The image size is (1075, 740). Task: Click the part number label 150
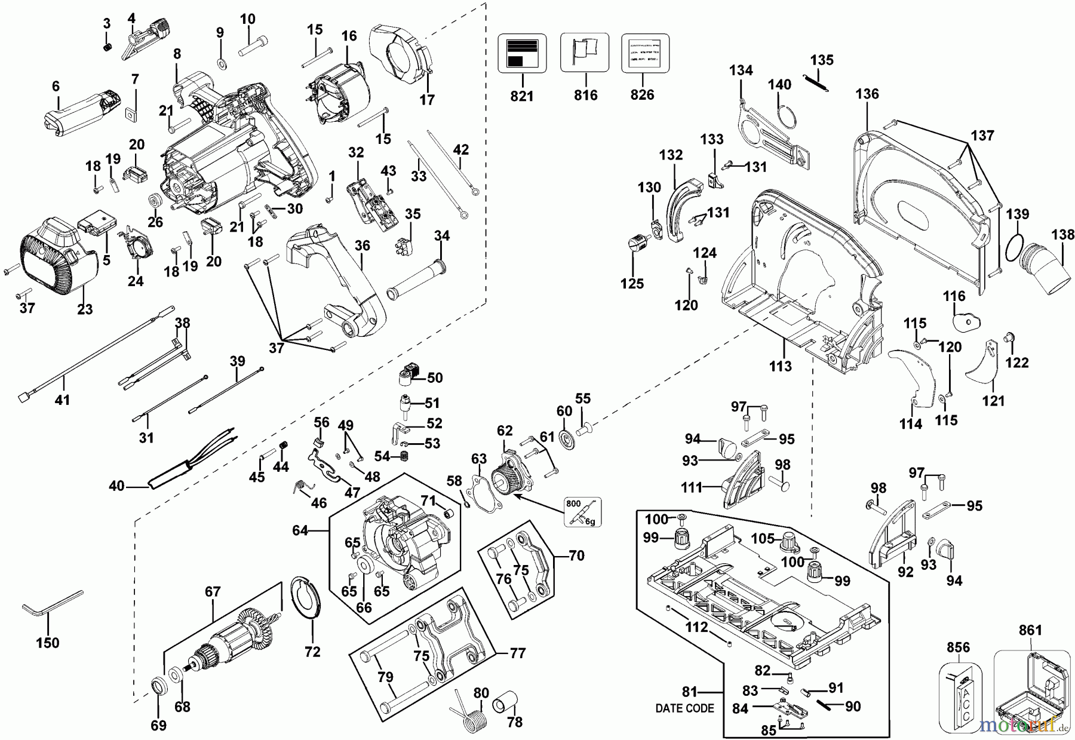(x=48, y=643)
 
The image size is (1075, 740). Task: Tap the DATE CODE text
(x=684, y=708)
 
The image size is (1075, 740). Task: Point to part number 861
(x=1030, y=630)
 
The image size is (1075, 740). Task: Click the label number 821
(x=522, y=95)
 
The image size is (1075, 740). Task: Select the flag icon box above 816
(x=585, y=53)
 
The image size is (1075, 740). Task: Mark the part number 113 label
(x=780, y=366)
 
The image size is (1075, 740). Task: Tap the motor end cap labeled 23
(x=57, y=263)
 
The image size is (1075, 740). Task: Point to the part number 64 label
(x=300, y=530)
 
